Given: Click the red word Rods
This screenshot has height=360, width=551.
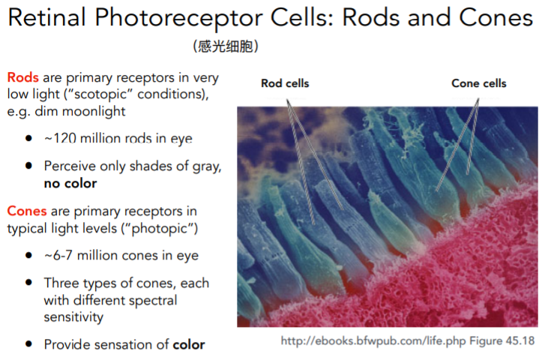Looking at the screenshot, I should (22, 77).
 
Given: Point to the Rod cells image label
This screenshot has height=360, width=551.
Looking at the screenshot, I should (285, 83).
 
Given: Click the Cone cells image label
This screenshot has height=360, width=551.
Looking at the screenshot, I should (478, 83).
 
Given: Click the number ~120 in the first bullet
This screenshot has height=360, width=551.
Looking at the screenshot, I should (61, 139).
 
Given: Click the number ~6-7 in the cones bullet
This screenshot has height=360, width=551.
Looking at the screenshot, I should (58, 256).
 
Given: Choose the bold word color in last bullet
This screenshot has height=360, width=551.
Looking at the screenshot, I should (189, 344).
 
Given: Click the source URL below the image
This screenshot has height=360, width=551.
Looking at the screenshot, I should (373, 341).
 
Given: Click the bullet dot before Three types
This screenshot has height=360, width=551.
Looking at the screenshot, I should (28, 283).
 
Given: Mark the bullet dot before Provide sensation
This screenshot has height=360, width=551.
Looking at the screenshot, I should (28, 344).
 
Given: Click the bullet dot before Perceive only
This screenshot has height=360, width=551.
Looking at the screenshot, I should (28, 166).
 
